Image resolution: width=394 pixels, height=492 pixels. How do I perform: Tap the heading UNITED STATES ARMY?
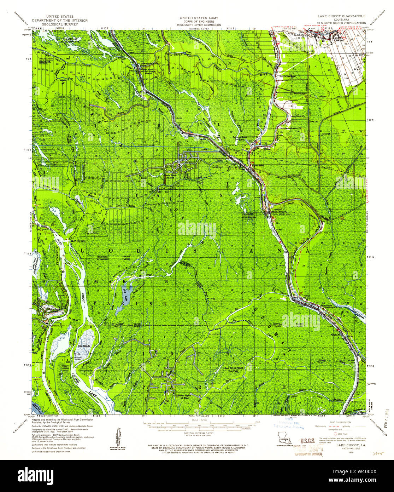199,18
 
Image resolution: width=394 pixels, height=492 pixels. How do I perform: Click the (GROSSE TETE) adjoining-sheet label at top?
198,28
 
